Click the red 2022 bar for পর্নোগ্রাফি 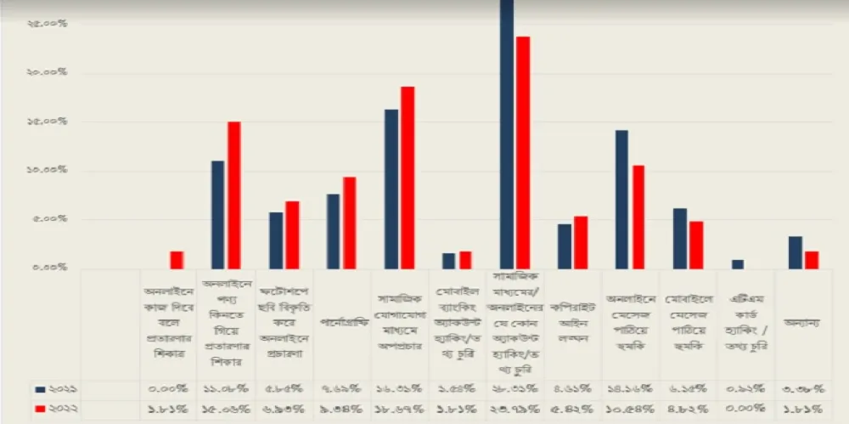click(350, 223)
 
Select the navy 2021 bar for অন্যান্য click(795, 252)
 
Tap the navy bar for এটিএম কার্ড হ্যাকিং click(737, 264)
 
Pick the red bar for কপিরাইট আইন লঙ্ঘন click(581, 242)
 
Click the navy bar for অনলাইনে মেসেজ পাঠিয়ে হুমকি click(621, 199)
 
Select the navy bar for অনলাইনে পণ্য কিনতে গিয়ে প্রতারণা click(218, 214)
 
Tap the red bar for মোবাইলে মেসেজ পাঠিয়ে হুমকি click(696, 245)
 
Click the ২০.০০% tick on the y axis click(47, 73)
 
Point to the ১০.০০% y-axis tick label click(47, 171)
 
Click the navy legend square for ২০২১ click(40, 388)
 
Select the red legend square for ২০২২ click(40, 410)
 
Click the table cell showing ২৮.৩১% click(514, 388)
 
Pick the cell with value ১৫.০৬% click(226, 410)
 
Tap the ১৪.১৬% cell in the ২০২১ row click(630, 388)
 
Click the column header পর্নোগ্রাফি click(341, 323)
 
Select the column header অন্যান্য click(802, 323)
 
